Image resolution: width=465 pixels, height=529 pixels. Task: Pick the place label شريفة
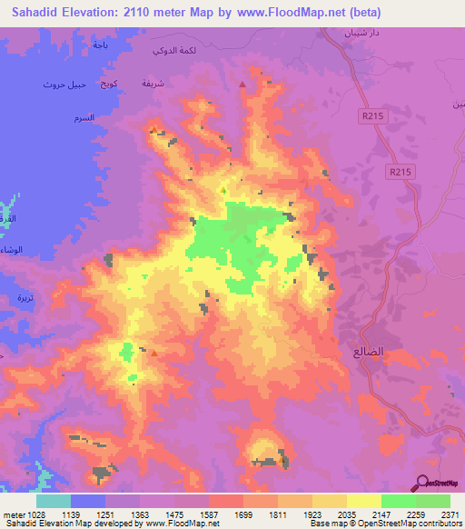click(x=153, y=83)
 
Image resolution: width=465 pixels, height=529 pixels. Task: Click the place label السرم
click(x=84, y=119)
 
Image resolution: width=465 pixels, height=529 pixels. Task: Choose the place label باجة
click(x=100, y=44)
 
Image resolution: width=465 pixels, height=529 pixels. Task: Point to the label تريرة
click(x=25, y=298)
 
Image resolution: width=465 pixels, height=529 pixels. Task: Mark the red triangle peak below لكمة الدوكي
click(x=242, y=85)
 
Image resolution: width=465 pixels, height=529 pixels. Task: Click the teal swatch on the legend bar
click(x=54, y=501)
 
